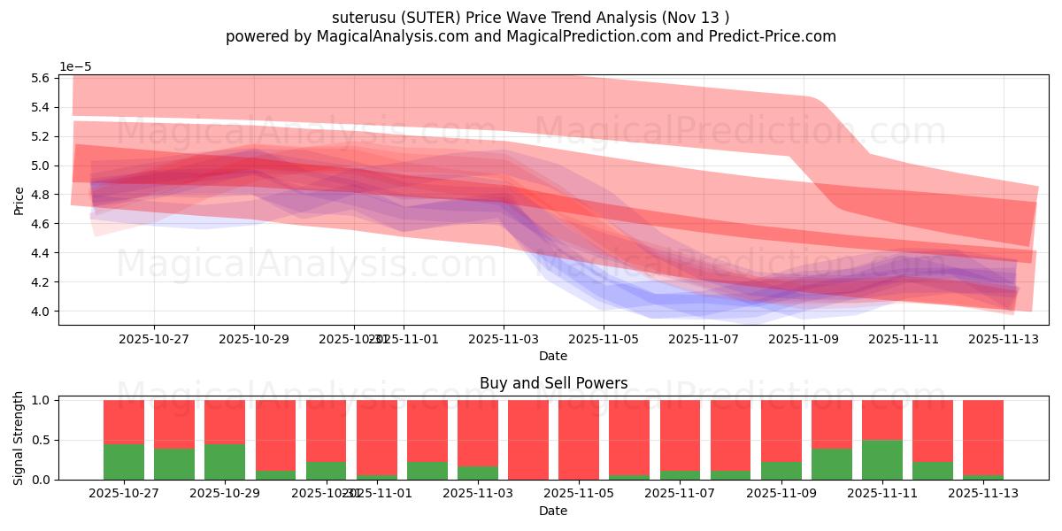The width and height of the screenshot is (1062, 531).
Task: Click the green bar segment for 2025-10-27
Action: [124, 461]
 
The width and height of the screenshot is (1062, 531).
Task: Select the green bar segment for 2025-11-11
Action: [882, 459]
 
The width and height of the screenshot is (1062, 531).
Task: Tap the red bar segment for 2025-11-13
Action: [983, 437]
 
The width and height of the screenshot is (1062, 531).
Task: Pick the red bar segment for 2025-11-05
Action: [579, 439]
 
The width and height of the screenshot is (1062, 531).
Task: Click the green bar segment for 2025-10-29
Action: [225, 461]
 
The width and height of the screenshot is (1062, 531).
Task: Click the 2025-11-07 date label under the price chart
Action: [704, 338]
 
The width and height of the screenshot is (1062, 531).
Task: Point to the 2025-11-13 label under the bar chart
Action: [983, 493]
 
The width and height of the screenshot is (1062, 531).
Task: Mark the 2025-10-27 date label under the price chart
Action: [154, 338]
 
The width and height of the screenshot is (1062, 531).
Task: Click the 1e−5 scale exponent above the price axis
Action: [75, 67]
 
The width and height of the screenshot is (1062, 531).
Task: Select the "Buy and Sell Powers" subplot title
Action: [553, 383]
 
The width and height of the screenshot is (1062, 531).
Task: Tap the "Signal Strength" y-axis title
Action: [19, 439]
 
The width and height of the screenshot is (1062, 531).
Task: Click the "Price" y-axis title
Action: [19, 200]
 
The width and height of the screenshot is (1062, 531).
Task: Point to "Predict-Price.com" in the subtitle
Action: [773, 36]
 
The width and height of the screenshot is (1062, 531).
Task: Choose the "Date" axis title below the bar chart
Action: [553, 511]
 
